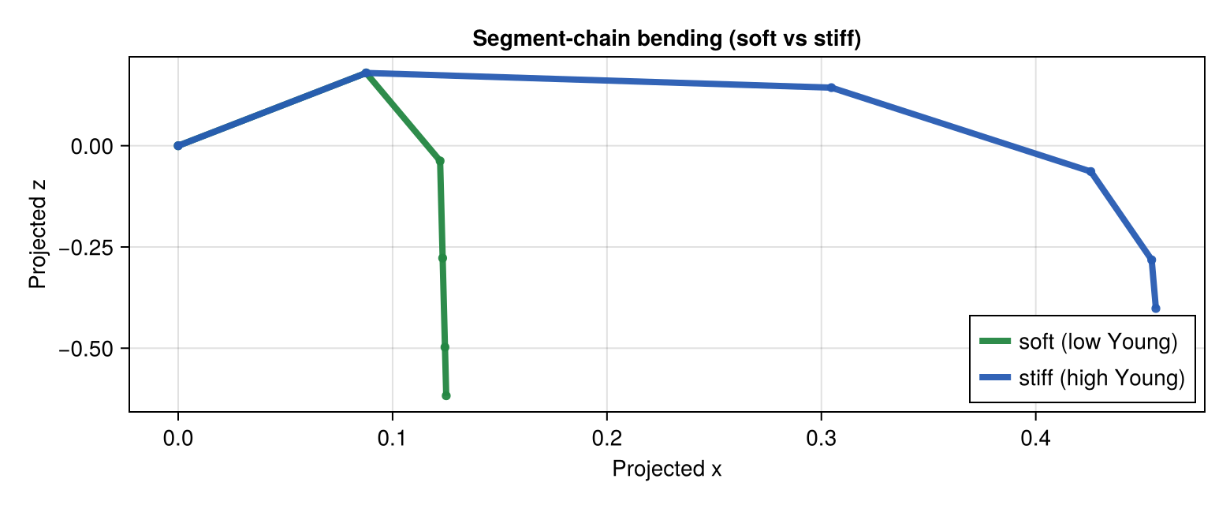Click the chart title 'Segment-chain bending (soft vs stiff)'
666,39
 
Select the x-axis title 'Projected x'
666,469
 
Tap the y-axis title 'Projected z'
37,235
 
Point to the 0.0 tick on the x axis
178,440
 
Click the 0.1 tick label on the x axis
392,440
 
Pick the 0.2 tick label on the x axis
606,440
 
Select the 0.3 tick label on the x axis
821,440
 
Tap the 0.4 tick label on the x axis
1035,440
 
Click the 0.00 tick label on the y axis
93,146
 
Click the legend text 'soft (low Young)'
1098,342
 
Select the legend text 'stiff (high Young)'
1101,379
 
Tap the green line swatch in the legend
994,342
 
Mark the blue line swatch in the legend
994,379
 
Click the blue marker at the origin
178,146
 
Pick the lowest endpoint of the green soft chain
446,396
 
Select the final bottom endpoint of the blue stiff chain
1156,309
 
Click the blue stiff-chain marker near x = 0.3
831,88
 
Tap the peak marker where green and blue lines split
366,73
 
